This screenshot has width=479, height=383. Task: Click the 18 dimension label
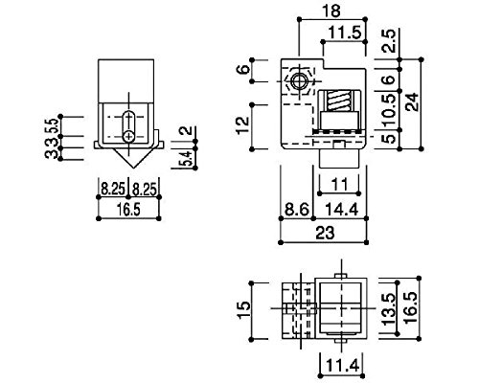pyautogui.click(x=332, y=11)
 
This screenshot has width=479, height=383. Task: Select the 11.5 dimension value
pyautogui.click(x=345, y=33)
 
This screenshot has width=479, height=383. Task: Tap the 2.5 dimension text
pyautogui.click(x=389, y=40)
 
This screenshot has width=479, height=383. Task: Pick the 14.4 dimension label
pyautogui.click(x=342, y=210)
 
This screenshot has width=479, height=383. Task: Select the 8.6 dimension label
pyautogui.click(x=297, y=210)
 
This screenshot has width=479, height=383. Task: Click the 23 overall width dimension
pyautogui.click(x=325, y=233)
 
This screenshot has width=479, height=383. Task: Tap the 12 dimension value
pyautogui.click(x=243, y=125)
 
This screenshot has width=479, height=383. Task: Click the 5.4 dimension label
pyautogui.click(x=187, y=158)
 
